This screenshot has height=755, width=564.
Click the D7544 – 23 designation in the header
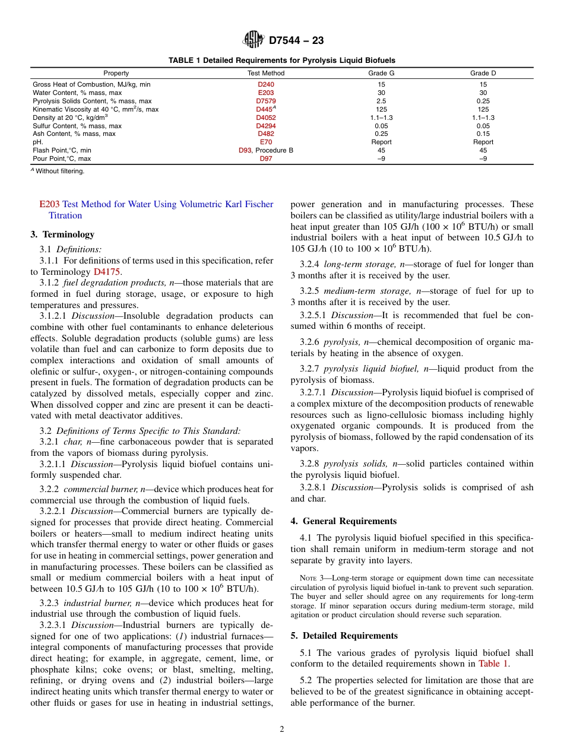tap(296, 41)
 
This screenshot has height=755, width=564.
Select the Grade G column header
tap(381, 73)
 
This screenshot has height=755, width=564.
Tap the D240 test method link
tap(265, 85)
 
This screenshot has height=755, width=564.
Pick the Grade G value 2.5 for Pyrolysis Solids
tap(381, 101)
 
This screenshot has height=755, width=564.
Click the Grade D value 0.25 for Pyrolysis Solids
tap(483, 101)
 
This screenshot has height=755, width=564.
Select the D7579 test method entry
tap(265, 101)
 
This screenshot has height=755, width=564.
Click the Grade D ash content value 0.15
tap(483, 134)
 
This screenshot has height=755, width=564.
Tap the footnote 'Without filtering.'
tap(60, 172)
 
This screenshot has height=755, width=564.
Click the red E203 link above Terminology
tap(49, 204)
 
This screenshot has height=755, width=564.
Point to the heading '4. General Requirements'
tap(343, 521)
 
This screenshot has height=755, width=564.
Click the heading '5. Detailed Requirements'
tap(344, 636)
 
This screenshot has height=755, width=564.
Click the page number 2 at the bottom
tap(282, 729)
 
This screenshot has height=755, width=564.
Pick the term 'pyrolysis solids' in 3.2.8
tap(354, 464)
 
